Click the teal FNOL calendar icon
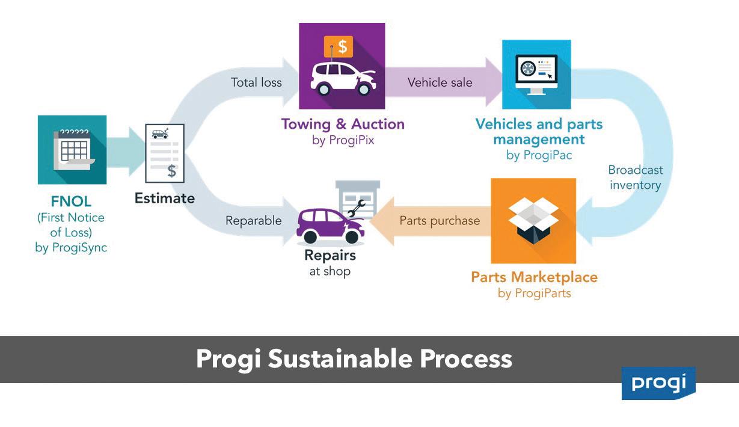point(72,150)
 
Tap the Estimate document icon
point(165,153)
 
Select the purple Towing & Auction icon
point(342,66)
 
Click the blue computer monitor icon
point(536,74)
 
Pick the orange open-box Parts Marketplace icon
point(533,221)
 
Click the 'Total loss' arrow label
point(256,82)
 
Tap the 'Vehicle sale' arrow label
point(440,82)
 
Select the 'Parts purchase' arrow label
point(440,221)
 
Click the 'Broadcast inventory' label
point(636,177)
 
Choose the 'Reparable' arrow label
point(253,221)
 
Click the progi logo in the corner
point(658,383)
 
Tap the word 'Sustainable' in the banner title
point(340,359)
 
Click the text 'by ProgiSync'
point(71,247)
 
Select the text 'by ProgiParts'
point(534,293)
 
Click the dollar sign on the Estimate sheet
point(172,171)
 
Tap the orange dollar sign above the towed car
point(338,46)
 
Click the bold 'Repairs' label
point(330,256)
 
